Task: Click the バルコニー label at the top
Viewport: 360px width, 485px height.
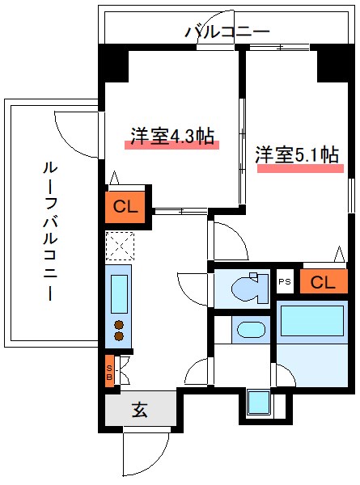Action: click(227, 32)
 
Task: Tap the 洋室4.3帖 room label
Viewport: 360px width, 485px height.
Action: click(172, 136)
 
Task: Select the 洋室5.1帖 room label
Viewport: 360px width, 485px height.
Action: click(297, 155)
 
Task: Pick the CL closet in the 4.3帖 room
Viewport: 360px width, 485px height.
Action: click(125, 205)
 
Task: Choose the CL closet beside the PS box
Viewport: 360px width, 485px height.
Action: click(323, 282)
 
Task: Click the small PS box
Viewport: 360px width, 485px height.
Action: click(284, 282)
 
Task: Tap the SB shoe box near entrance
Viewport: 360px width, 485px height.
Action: click(110, 373)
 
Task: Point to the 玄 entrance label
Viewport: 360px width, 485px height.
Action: click(139, 410)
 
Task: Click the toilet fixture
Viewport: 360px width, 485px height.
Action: click(247, 289)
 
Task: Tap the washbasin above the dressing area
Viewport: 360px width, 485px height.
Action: click(250, 330)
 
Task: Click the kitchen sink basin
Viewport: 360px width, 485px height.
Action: click(119, 292)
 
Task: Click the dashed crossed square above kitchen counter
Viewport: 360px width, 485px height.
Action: click(119, 245)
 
